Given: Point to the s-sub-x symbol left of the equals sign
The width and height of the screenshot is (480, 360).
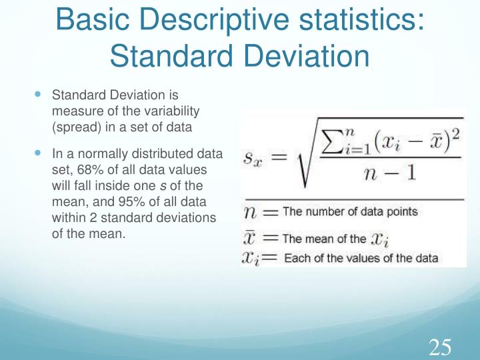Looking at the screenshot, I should tap(256, 159).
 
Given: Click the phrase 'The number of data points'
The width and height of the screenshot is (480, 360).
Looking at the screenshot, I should tap(350, 212).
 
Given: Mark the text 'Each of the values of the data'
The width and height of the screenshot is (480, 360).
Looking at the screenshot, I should tap(361, 258).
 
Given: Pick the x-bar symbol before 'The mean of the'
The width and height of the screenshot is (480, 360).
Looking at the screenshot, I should tap(250, 237).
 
